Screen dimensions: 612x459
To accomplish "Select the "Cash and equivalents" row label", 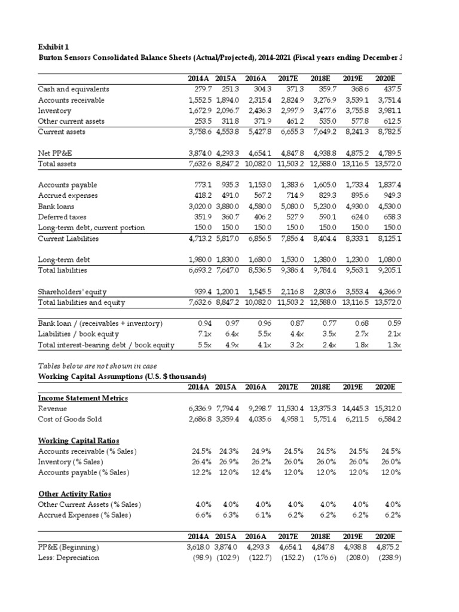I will tap(71, 90).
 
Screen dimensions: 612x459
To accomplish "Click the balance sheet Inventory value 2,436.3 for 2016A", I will tap(257, 111).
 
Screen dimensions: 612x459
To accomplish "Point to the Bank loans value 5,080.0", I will tap(292, 207).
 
